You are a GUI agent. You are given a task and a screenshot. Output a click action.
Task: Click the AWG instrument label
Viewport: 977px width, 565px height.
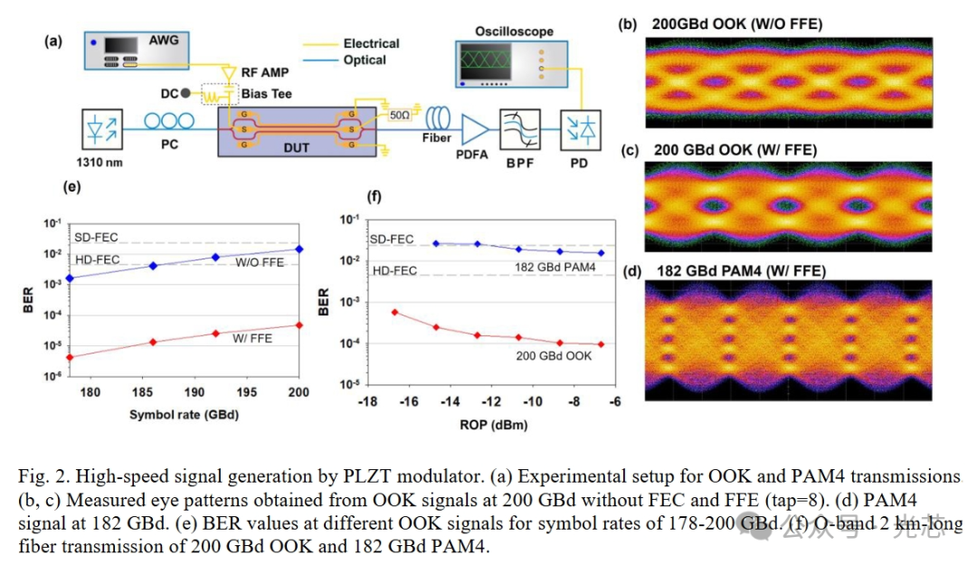tap(164, 41)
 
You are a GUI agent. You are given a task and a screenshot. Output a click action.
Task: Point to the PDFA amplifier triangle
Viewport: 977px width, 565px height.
tap(472, 129)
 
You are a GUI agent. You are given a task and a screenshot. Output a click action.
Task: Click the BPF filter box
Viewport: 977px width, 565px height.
tap(520, 128)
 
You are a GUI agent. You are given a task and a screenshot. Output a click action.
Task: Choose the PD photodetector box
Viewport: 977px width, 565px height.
tap(575, 128)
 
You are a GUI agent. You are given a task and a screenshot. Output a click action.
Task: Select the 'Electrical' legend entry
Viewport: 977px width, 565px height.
tap(372, 42)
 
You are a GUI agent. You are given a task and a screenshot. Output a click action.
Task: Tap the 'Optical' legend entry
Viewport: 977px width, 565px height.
tap(365, 60)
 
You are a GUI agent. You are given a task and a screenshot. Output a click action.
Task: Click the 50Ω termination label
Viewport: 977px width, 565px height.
tap(399, 116)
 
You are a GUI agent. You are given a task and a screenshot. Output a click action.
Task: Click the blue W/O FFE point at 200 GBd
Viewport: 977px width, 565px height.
tap(299, 249)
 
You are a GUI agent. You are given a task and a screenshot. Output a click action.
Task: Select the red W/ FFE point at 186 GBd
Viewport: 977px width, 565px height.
tap(153, 342)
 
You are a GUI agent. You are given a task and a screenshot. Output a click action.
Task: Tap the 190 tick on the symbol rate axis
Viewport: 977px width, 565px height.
tap(194, 393)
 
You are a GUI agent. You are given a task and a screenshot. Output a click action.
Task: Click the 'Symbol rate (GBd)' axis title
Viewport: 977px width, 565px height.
tap(184, 416)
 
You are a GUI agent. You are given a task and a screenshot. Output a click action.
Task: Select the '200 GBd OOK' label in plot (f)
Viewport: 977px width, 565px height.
tap(555, 356)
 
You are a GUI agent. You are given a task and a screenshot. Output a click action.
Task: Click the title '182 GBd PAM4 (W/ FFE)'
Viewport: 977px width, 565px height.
tap(738, 271)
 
